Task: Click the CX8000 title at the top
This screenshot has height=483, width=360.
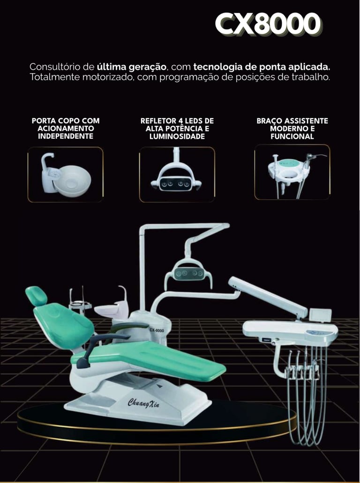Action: pyautogui.click(x=268, y=24)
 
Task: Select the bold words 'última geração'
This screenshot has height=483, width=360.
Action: pyautogui.click(x=132, y=67)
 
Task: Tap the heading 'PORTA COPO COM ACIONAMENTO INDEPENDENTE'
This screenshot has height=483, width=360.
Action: pyautogui.click(x=66, y=128)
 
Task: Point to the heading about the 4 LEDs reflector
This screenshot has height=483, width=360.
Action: pyautogui.click(x=177, y=128)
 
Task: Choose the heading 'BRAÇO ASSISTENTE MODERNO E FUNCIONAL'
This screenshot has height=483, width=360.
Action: pyautogui.click(x=292, y=128)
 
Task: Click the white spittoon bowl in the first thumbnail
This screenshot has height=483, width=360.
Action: pyautogui.click(x=72, y=181)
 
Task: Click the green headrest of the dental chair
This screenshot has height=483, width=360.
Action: pyautogui.click(x=37, y=296)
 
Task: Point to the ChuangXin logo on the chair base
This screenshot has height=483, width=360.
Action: pyautogui.click(x=143, y=403)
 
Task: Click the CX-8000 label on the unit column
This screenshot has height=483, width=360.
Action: pyautogui.click(x=157, y=331)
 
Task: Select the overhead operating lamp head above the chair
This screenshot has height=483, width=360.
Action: pyautogui.click(x=188, y=272)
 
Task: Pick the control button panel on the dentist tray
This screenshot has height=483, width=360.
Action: pyautogui.click(x=317, y=333)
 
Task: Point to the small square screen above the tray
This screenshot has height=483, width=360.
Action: pyautogui.click(x=321, y=315)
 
